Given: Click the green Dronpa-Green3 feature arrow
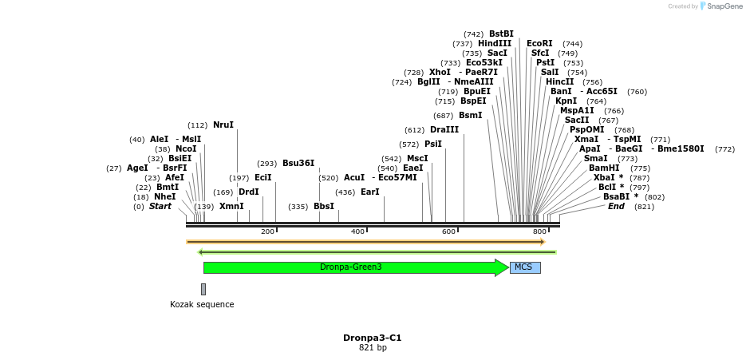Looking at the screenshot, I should point(351,267).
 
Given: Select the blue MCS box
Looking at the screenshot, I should point(524,267).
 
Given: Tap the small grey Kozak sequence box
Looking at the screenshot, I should point(203,289).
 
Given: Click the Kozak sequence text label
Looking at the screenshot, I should point(202,304).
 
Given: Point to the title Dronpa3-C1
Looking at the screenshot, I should point(372,338).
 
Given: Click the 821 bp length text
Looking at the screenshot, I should point(372,348).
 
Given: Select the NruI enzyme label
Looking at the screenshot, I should point(223,125).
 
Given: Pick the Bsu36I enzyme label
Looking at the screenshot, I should point(298,163).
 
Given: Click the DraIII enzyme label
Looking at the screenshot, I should point(444,129).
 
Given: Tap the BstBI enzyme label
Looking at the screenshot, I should point(501,34).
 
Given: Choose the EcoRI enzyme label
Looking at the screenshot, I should point(539,43).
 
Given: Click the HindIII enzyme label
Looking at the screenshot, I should point(495,43).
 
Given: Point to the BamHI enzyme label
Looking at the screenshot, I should point(604,168).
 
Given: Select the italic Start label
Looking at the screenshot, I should point(160,206).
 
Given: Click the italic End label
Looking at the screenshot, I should point(616,206).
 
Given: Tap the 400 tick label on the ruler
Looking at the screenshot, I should point(357,231).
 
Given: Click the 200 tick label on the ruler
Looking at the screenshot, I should point(267,231).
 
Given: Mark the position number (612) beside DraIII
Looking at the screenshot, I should point(415,130).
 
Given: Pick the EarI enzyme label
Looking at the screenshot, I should point(370,192).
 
